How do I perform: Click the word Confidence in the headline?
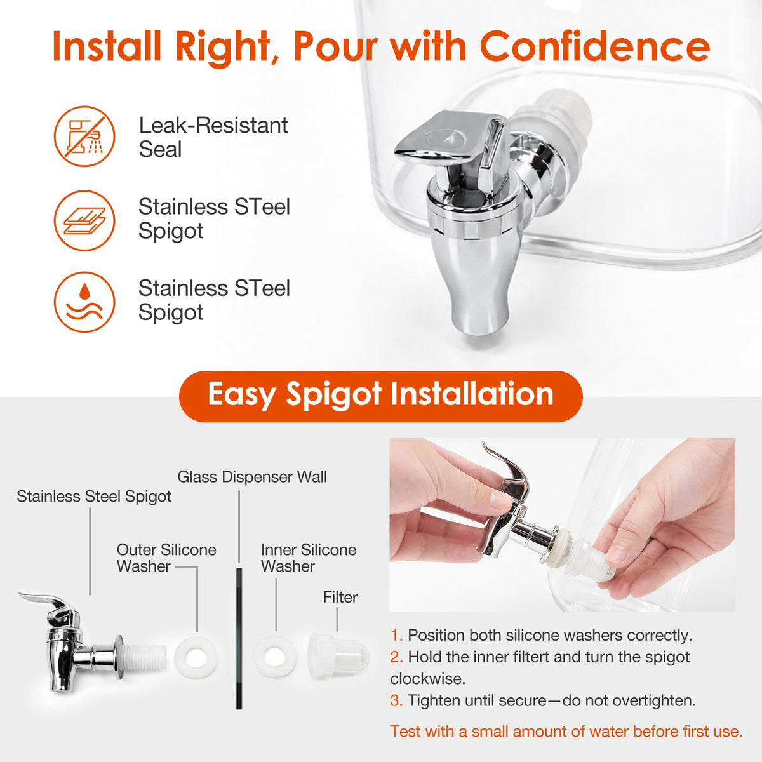pos(595,46)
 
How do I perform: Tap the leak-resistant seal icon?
pos(84,137)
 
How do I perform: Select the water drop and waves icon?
pos(84,302)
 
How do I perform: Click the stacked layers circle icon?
pos(84,220)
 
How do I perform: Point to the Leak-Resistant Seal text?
pos(213,137)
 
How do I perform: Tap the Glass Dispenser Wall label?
pos(252,477)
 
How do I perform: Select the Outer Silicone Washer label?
pos(166,558)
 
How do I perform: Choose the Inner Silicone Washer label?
pos(309,558)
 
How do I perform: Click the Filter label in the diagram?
pos(340,597)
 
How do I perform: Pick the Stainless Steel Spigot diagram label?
pos(94,497)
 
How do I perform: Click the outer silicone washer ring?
pos(186,657)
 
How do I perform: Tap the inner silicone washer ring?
pos(264,657)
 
